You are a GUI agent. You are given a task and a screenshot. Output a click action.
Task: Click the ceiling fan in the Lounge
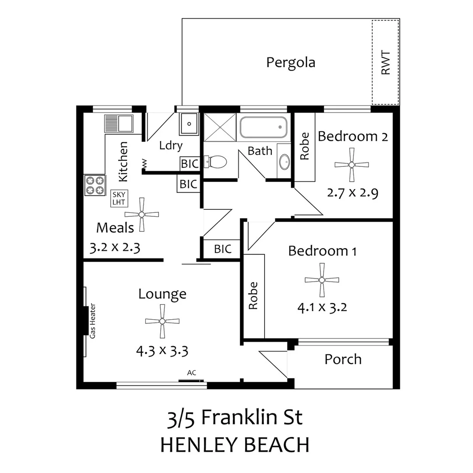pyautogui.click(x=162, y=321)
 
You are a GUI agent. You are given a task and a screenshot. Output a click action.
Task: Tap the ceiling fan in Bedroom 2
pyautogui.click(x=351, y=165)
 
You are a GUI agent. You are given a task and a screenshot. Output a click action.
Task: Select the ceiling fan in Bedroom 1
pyautogui.click(x=322, y=280)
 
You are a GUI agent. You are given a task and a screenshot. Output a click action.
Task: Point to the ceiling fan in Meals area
pyautogui.click(x=141, y=214)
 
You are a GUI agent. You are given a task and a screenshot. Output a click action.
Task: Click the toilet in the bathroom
pyautogui.click(x=216, y=162)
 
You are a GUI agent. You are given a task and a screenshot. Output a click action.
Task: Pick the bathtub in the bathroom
pyautogui.click(x=263, y=127)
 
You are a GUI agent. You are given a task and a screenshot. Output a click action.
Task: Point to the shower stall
pyautogui.click(x=220, y=127)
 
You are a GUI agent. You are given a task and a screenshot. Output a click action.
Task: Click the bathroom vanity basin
pyautogui.click(x=284, y=162)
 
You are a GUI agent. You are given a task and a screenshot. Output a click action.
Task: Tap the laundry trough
pyautogui.click(x=189, y=124)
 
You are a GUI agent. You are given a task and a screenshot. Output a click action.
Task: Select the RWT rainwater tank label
pyautogui.click(x=385, y=62)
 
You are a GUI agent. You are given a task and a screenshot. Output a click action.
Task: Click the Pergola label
pyautogui.click(x=290, y=62)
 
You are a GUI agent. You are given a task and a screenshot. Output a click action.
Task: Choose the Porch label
pyautogui.click(x=343, y=359)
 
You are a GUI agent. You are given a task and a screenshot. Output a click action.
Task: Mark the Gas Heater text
pyautogui.click(x=92, y=321)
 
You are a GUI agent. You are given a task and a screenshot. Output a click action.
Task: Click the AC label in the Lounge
pyautogui.click(x=191, y=373)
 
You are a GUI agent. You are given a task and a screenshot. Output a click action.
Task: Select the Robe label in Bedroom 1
pyautogui.click(x=253, y=296)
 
